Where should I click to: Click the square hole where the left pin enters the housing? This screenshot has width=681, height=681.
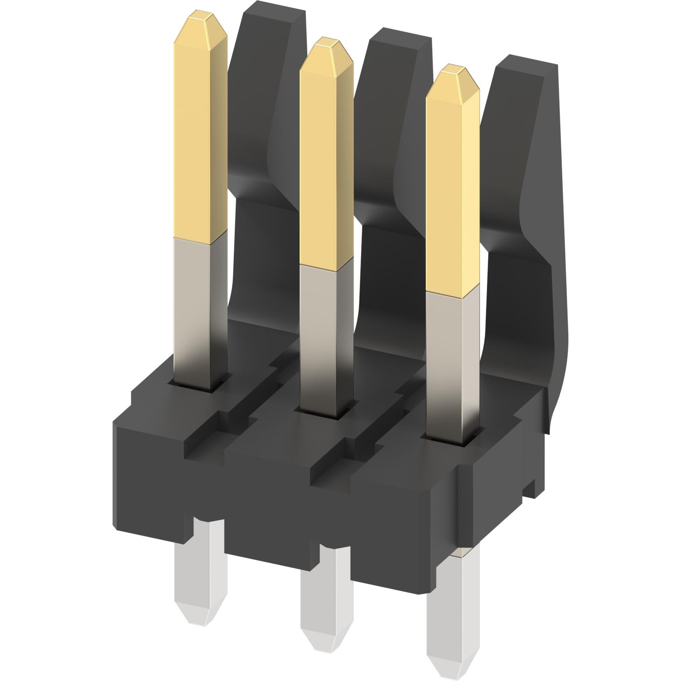tap(198, 387)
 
